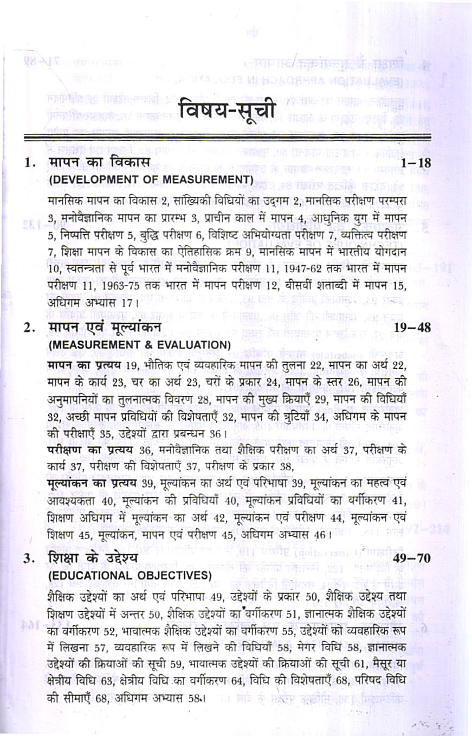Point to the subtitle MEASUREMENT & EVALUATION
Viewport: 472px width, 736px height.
pos(140,344)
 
